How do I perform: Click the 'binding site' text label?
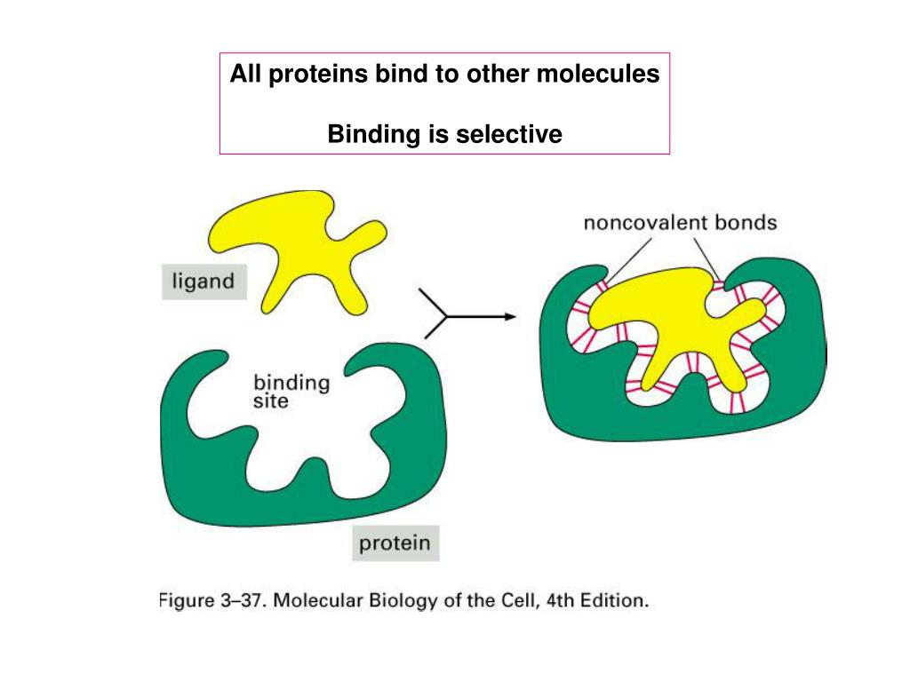point(291,392)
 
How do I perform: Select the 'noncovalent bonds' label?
point(680,222)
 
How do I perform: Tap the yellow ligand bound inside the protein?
point(675,329)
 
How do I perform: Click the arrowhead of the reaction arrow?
point(509,317)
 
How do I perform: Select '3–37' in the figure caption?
point(242,601)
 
